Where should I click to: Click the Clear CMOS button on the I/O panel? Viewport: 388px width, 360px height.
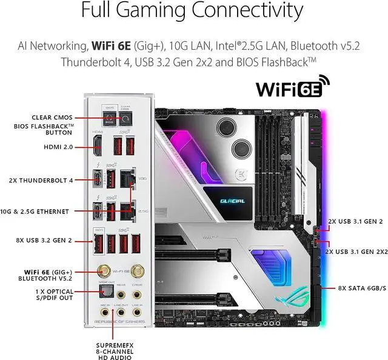(127, 119)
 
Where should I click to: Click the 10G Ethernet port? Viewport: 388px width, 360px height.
(127, 180)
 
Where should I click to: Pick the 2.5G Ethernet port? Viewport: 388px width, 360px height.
(127, 210)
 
